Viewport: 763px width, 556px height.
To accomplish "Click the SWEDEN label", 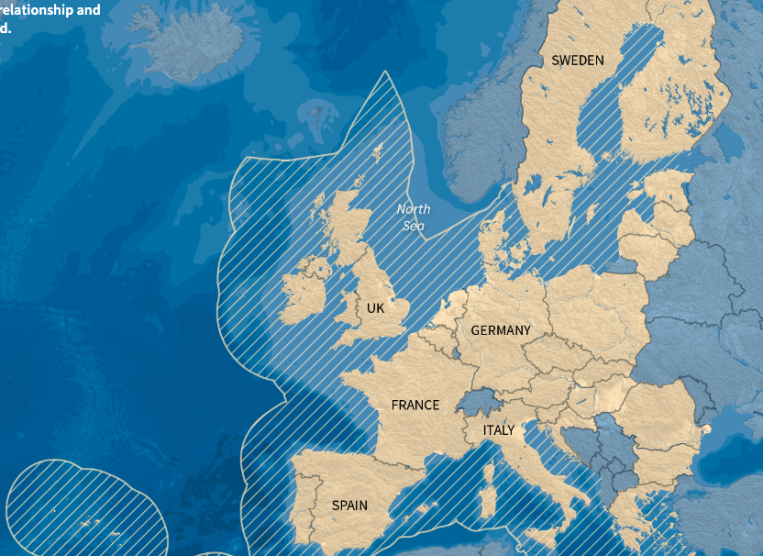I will tap(578, 61).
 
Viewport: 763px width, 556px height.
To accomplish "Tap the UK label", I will tap(375, 308).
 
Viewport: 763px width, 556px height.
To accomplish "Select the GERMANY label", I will tap(501, 330).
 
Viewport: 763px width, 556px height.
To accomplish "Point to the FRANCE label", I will tap(415, 405).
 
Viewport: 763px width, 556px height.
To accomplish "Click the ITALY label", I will tap(499, 429).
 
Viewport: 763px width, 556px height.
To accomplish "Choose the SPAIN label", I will tap(349, 506).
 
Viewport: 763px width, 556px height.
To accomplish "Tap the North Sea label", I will tap(414, 217).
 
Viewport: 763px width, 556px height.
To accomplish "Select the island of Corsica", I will tap(489, 473).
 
